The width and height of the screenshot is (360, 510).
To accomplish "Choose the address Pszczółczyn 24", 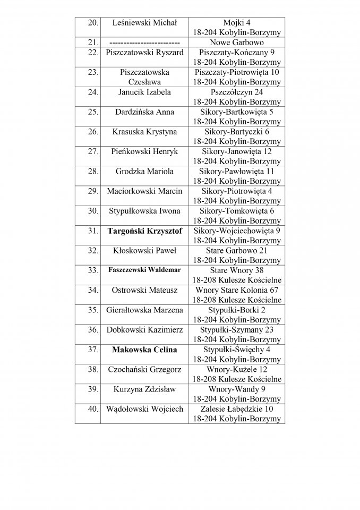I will point(237,92).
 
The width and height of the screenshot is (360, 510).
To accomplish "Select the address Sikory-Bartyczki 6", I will point(237,132).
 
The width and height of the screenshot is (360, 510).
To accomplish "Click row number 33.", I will point(93,270).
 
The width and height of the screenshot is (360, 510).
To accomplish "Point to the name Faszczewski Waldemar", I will point(144,270).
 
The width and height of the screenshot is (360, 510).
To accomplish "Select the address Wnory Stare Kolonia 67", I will point(237,290).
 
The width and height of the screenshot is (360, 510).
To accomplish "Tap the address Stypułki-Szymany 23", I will point(237,330).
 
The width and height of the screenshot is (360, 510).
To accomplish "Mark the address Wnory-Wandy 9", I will point(237,389).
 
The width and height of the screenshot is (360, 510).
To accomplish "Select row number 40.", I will point(93,410).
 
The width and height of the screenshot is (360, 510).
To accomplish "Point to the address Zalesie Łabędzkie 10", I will point(237,409).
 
